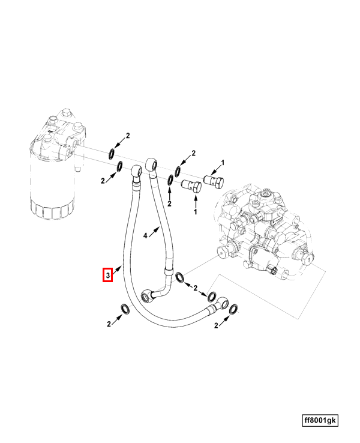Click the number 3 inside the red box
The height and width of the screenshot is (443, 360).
(107, 275)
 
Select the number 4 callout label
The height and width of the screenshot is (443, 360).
(145, 235)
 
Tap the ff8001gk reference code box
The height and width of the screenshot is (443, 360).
(320, 420)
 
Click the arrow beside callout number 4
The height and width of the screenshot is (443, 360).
(154, 232)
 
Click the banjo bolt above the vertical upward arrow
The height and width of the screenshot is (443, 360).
(191, 185)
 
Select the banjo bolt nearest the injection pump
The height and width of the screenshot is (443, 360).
(214, 181)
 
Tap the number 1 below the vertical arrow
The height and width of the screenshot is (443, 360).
(195, 212)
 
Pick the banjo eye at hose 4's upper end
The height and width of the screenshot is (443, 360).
(152, 164)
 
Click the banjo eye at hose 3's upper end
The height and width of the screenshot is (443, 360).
(137, 171)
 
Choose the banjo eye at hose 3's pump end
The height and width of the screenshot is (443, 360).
(222, 303)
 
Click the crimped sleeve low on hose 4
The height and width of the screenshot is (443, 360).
(169, 272)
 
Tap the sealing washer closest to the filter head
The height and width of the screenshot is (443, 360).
(112, 154)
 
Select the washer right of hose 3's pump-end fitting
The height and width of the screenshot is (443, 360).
(233, 309)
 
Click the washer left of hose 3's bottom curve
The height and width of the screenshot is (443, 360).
(126, 309)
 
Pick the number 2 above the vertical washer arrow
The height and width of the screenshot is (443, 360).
(169, 203)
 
